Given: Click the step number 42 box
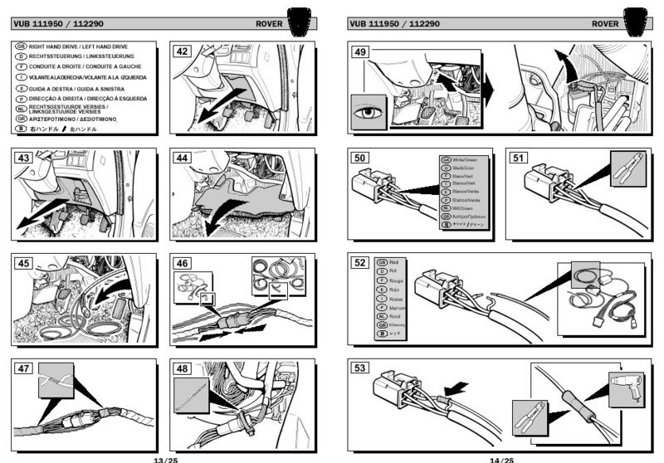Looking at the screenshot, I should click(x=182, y=51).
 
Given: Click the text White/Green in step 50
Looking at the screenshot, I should click(x=466, y=159).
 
